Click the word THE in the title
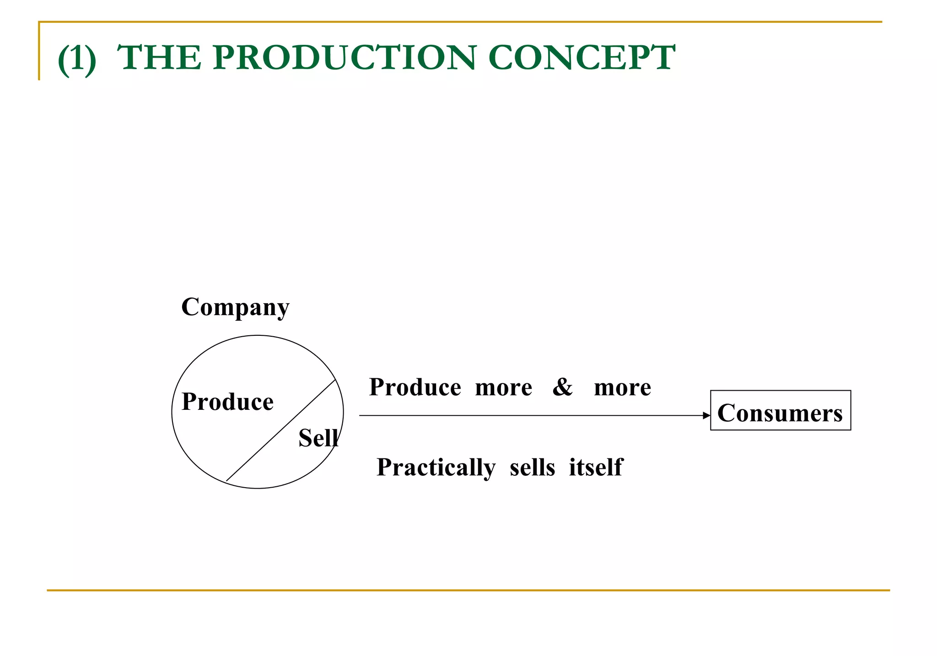pos(159,58)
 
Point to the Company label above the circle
pos(235,307)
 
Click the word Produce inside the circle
pos(227,402)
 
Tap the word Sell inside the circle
pos(318,438)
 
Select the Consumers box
pos(780,410)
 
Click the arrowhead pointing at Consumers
pos(706,415)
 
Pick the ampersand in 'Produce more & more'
pos(562,387)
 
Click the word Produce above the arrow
pos(415,387)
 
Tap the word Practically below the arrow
pos(436,468)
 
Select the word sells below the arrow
pos(532,468)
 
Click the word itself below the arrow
pos(596,468)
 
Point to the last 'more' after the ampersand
pos(622,387)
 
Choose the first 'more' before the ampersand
pos(503,387)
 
